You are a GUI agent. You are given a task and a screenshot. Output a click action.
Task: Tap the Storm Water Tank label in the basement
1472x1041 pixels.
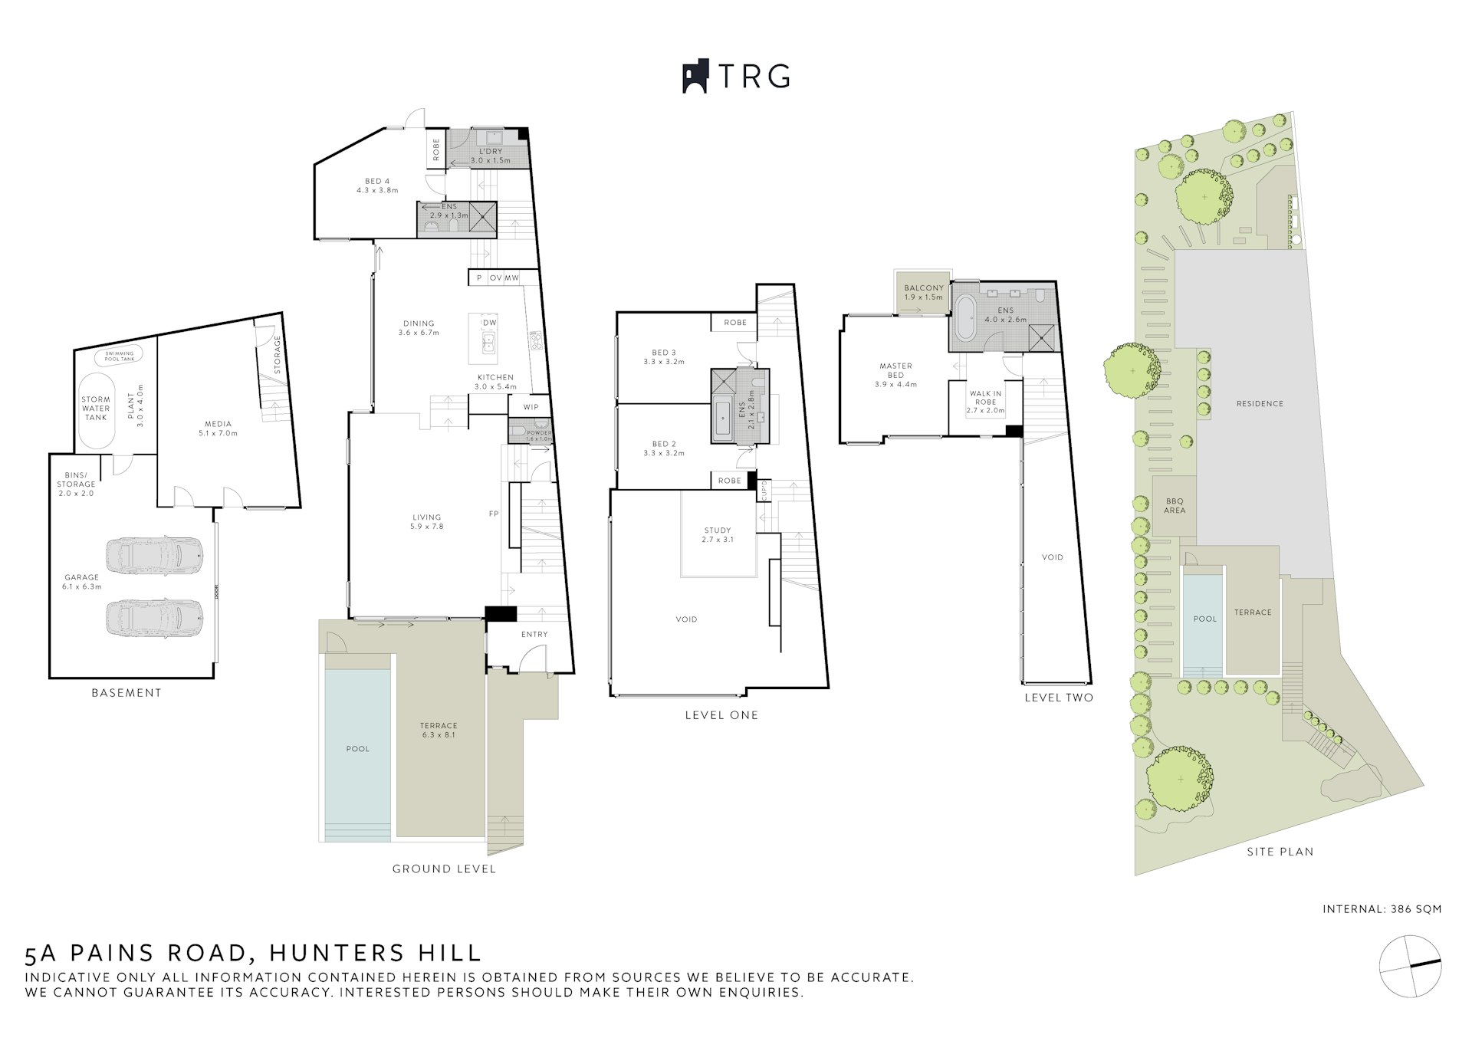tap(96, 409)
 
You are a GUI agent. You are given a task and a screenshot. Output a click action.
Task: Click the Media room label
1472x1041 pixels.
tap(218, 429)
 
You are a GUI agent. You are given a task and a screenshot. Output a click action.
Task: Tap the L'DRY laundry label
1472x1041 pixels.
tap(490, 156)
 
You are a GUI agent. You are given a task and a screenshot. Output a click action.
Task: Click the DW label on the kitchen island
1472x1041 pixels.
tap(489, 323)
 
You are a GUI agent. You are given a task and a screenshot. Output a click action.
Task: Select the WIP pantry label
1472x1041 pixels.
tap(531, 407)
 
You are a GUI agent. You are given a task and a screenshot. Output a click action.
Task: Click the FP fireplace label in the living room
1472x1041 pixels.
tap(495, 514)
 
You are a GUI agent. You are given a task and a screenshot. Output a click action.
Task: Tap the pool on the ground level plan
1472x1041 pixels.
tap(357, 747)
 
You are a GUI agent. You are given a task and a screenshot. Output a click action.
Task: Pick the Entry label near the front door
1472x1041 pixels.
tap(534, 634)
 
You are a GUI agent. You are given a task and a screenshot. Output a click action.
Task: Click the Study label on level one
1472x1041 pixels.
tap(718, 534)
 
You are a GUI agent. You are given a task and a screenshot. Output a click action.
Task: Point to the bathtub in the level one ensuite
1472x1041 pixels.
tap(724, 419)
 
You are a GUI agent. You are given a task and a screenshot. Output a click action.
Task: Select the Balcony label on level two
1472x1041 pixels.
tap(923, 292)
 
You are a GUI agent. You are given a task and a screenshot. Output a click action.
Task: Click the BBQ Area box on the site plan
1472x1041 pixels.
tap(1175, 505)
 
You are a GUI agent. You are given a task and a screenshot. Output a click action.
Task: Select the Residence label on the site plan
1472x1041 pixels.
tap(1260, 403)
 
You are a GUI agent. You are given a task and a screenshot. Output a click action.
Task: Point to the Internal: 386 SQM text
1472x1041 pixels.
tap(1382, 909)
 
